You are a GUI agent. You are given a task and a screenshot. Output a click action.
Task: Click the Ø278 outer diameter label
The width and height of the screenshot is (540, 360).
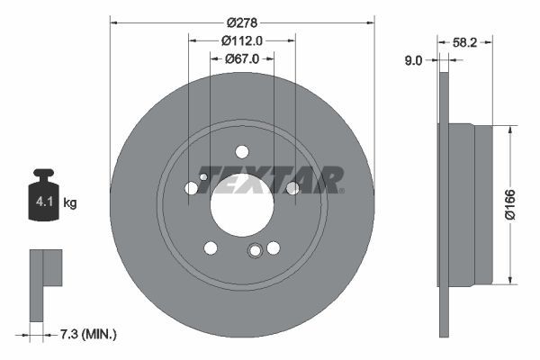click(x=242, y=22)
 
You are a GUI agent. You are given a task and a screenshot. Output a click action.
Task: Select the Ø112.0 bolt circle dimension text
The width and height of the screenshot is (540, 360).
click(x=242, y=40)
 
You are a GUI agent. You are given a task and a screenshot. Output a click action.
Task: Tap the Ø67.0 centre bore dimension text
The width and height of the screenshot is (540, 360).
click(x=242, y=58)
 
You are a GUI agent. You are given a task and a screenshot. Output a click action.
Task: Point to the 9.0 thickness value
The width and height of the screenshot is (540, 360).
click(x=414, y=60)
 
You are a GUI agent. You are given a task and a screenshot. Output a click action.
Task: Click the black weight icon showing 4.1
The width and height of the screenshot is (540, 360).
click(x=43, y=193)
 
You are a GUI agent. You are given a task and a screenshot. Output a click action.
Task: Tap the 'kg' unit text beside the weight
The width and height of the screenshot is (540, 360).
click(x=70, y=203)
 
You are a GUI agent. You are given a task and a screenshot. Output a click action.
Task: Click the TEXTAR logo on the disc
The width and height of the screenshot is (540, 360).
click(x=271, y=180)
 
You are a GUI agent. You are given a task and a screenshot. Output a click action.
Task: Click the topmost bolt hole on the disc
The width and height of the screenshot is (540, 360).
click(x=242, y=152)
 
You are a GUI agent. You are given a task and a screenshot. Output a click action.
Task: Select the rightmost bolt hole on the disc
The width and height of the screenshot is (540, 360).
click(x=292, y=187)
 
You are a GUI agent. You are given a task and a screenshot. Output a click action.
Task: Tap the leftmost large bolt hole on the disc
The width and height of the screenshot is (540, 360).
click(x=191, y=187)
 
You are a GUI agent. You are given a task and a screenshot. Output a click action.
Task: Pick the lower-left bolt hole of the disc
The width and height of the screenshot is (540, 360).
click(x=211, y=247)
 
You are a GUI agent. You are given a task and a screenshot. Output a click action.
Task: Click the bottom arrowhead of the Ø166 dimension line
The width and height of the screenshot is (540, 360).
click(x=511, y=280)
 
